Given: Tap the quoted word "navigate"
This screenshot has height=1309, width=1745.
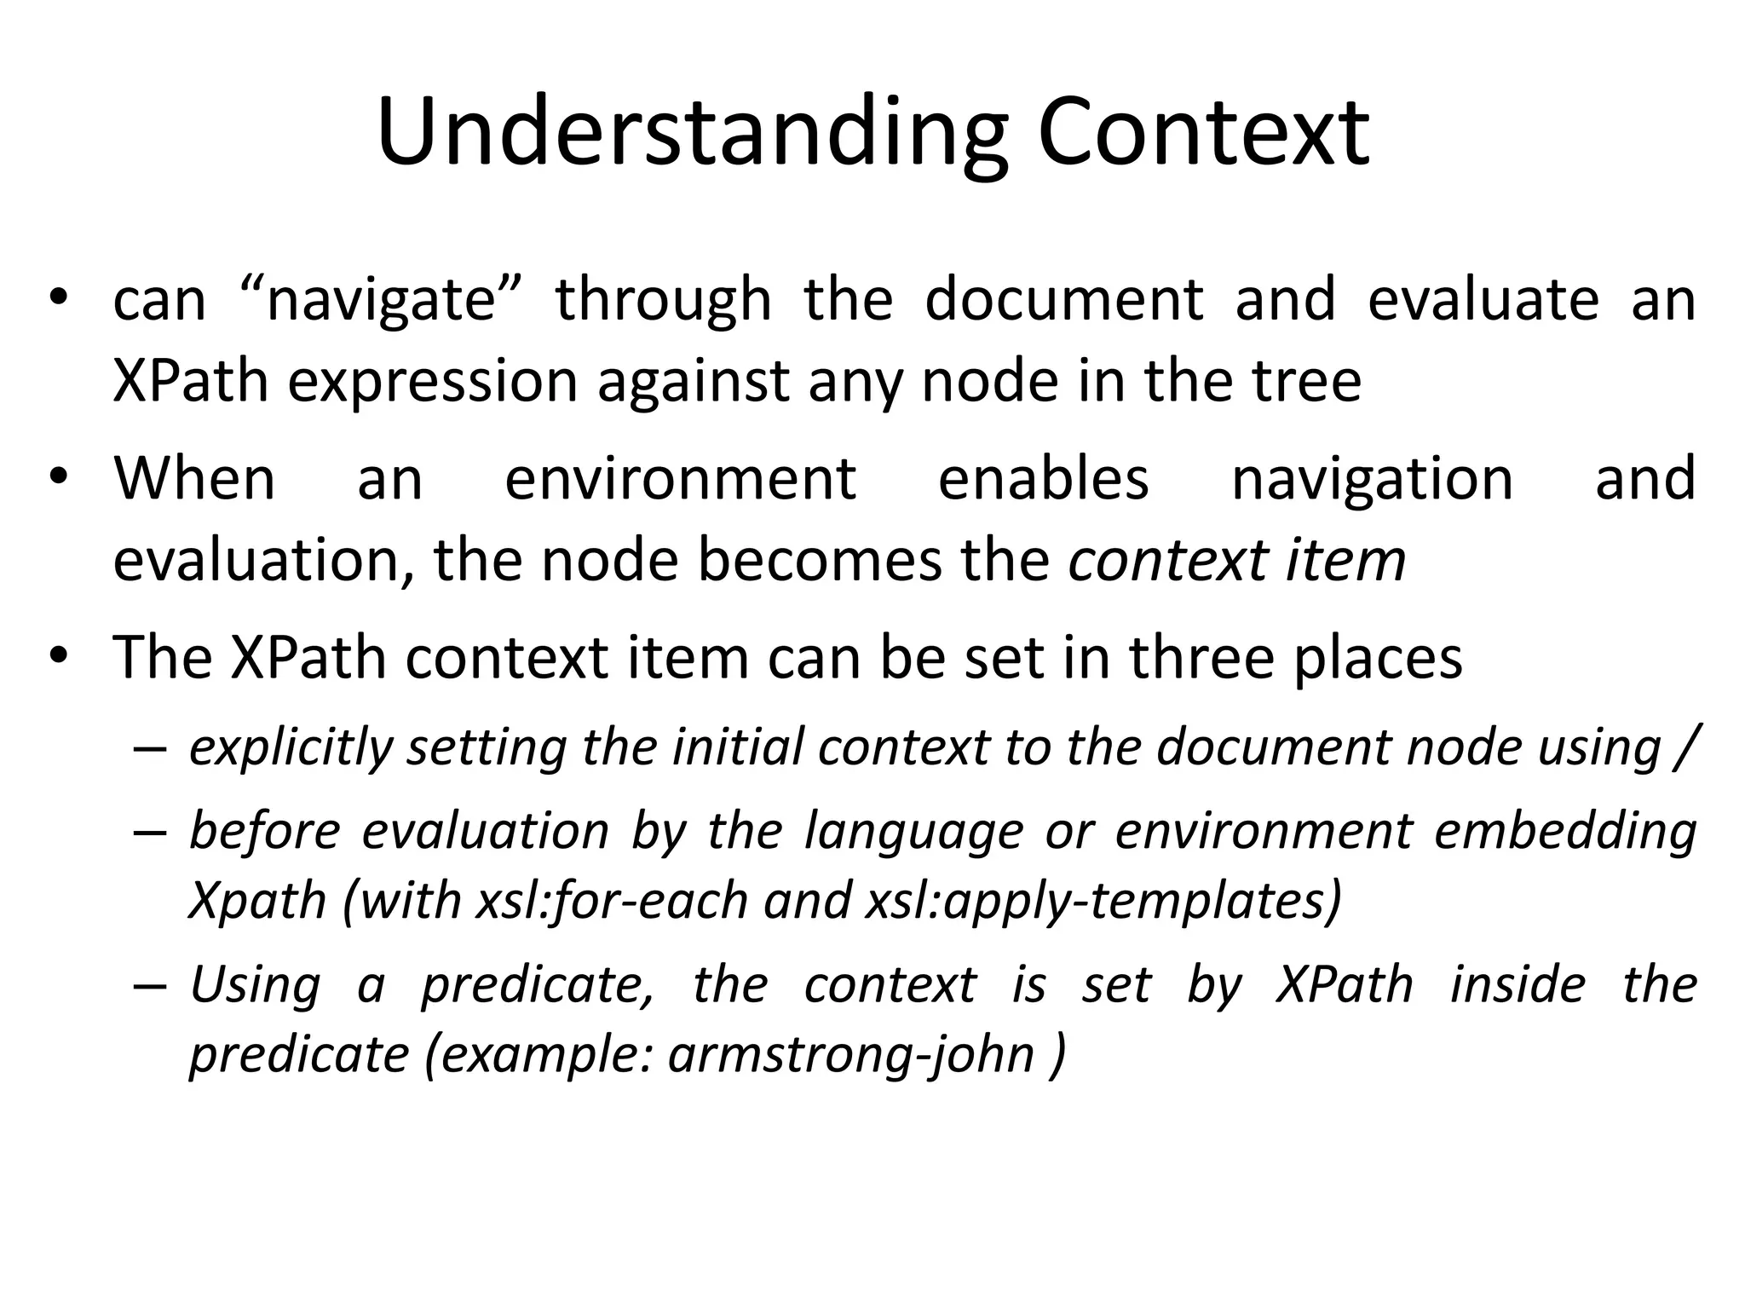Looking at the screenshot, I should tap(380, 300).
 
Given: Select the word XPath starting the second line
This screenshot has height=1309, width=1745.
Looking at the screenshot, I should tap(191, 381).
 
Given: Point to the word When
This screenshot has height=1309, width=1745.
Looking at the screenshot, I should tap(194, 478).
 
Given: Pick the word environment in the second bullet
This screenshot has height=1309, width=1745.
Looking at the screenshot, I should tap(680, 478).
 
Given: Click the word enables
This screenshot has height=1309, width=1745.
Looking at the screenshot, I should tap(1043, 478).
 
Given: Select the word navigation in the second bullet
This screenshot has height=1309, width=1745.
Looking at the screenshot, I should tap(1372, 480).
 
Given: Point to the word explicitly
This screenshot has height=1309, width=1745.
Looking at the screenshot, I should tap(291, 748).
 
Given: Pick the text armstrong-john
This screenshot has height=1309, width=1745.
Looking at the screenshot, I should tap(850, 1055).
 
